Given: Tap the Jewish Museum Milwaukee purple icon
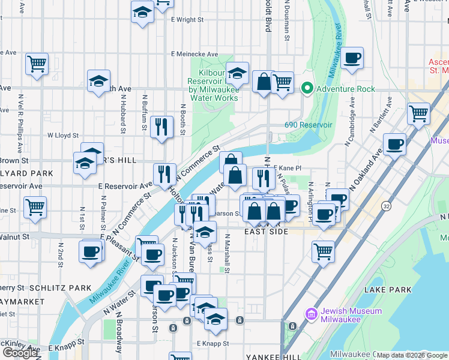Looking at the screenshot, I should coord(311,314).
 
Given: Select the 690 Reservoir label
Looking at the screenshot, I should coord(308,125).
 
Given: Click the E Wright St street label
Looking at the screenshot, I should coord(187,20).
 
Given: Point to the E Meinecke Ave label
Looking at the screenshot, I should coord(194,54).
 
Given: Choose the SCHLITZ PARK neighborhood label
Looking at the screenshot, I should coord(60,288).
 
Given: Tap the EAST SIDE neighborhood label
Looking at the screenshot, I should coord(266,232).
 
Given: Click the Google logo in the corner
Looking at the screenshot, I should coord(20,353).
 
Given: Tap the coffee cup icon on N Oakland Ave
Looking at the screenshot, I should coord(394,144).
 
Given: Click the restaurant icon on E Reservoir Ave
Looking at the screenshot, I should coord(164,175).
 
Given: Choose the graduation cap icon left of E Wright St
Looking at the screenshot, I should coord(142,13).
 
